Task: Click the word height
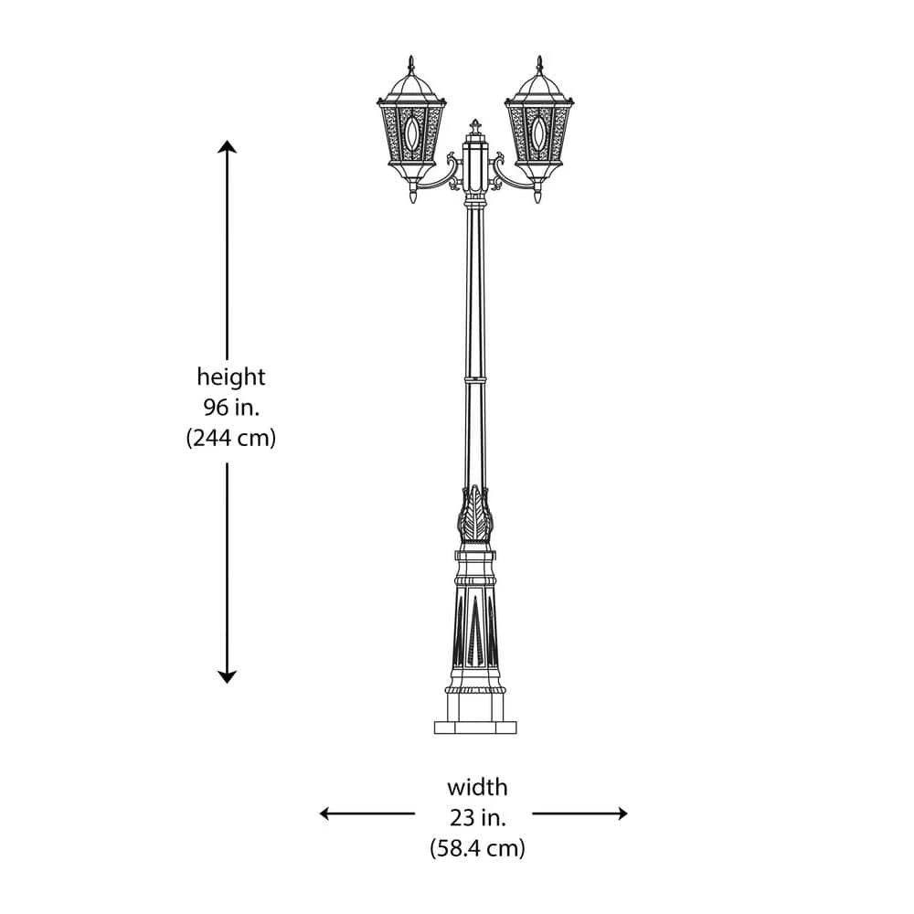coord(231,377)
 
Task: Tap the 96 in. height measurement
coord(231,408)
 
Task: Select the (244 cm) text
coord(231,437)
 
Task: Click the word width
coord(477,788)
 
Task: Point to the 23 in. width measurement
coord(477,818)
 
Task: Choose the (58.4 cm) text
coord(477,848)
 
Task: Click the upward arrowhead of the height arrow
coord(228,146)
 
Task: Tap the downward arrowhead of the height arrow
coord(228,676)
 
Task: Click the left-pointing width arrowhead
coord(326,813)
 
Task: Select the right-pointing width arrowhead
coord(622,813)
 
